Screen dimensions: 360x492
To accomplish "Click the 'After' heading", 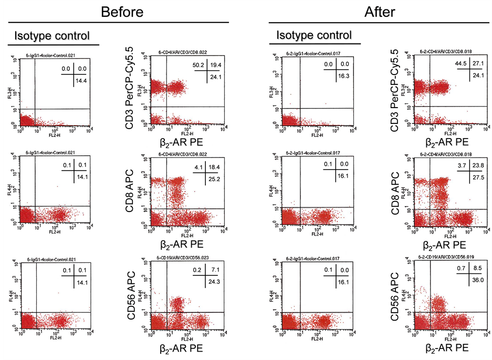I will click(380, 12).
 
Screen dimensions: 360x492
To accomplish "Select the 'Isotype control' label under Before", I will click(51, 36).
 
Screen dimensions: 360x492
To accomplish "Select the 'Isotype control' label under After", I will click(313, 35).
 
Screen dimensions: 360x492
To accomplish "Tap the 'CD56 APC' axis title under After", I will click(394, 297).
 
